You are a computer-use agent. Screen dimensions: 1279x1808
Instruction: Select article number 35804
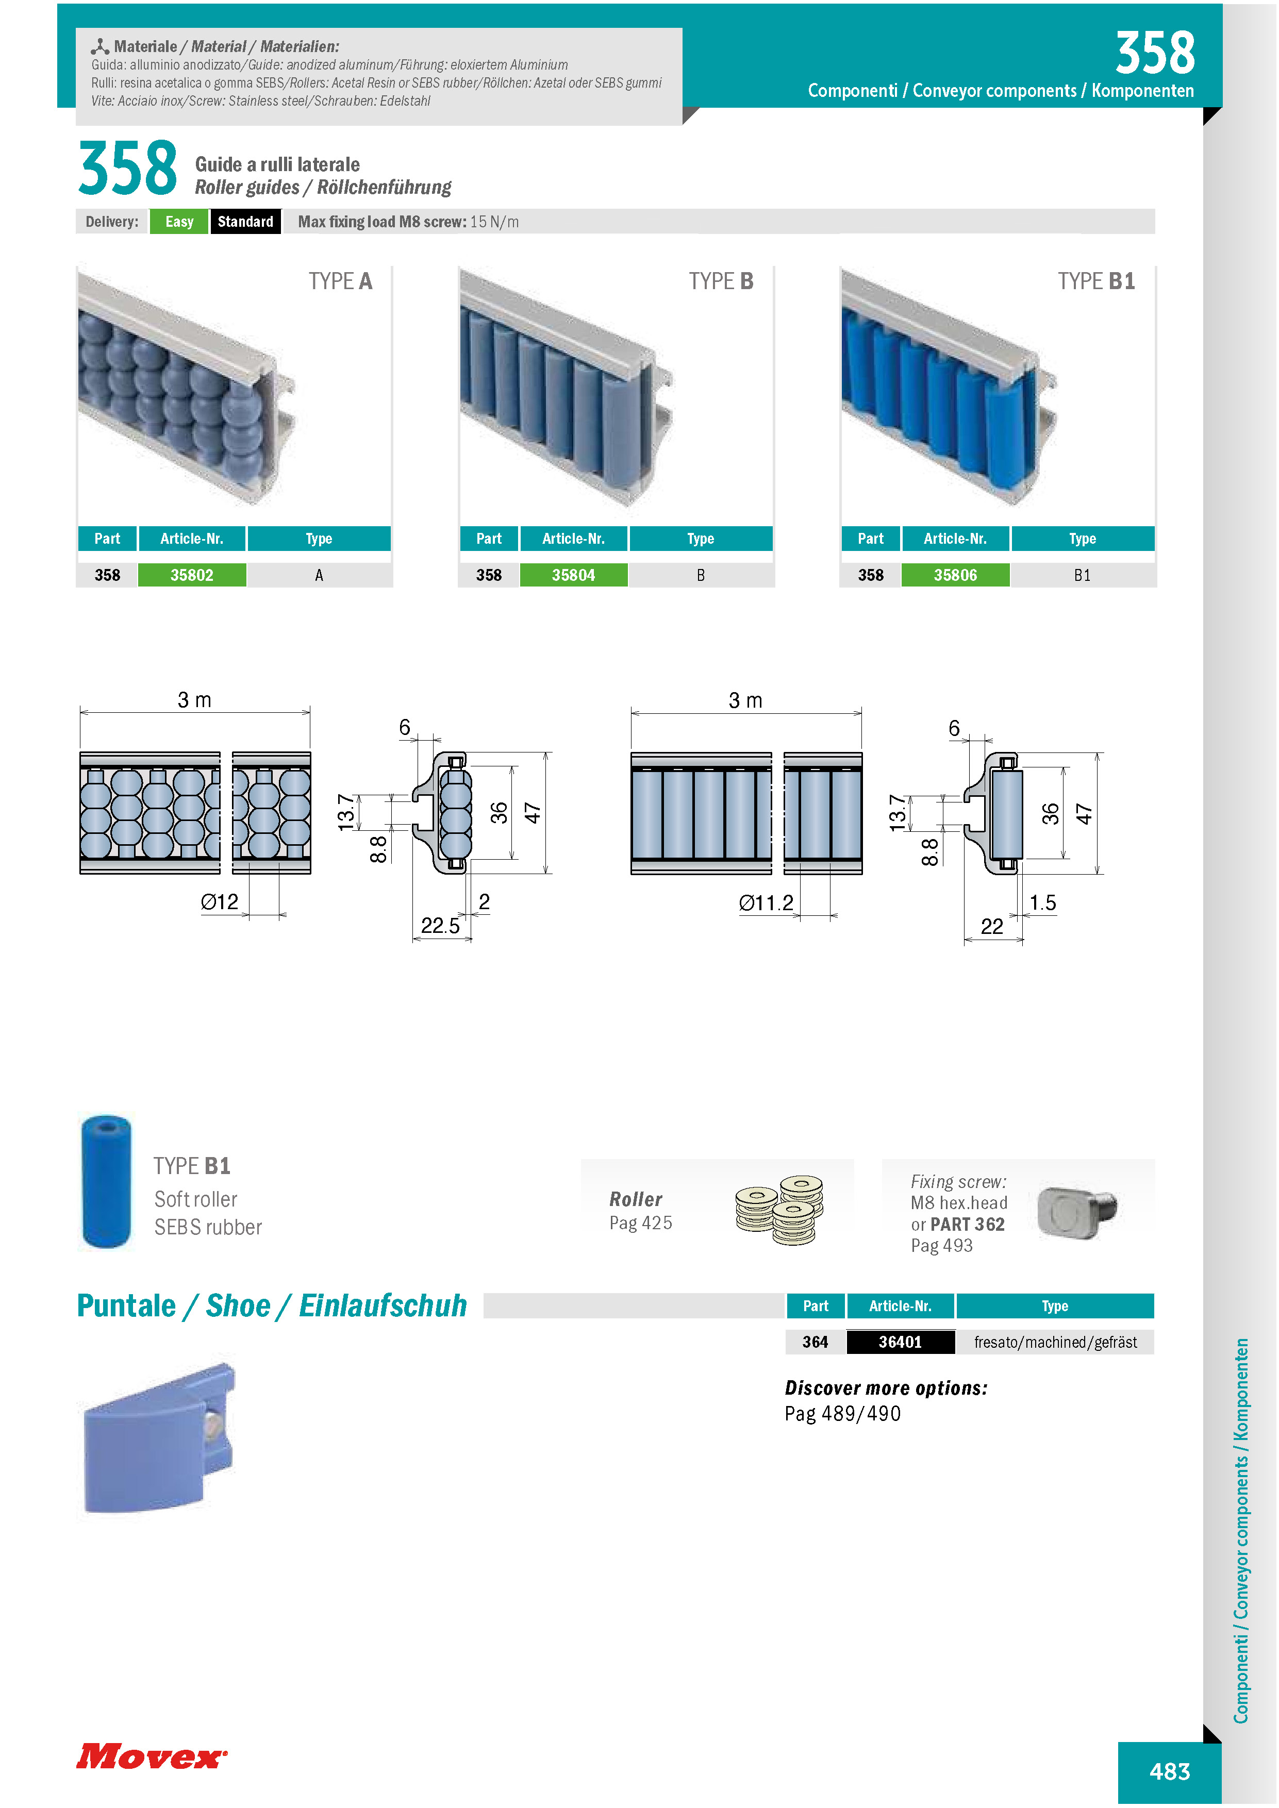pyautogui.click(x=573, y=575)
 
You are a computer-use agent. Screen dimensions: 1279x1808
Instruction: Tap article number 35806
pyautogui.click(x=955, y=575)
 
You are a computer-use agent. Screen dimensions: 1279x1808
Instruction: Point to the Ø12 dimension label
pyautogui.click(x=220, y=901)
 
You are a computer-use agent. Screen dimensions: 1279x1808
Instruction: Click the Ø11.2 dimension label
pyautogui.click(x=766, y=902)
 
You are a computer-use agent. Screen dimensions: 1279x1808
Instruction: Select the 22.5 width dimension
pyautogui.click(x=440, y=925)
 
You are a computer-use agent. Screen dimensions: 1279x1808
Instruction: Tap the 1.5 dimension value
pyautogui.click(x=1043, y=902)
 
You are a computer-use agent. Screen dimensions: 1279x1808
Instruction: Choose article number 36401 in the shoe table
pyautogui.click(x=900, y=1342)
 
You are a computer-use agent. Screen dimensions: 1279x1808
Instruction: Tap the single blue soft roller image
pyautogui.click(x=106, y=1181)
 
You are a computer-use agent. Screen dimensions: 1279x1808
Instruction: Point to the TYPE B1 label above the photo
pyautogui.click(x=1097, y=281)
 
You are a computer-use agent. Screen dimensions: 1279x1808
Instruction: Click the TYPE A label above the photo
pyautogui.click(x=340, y=281)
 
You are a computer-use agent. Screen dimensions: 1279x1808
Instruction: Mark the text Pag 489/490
pyautogui.click(x=843, y=1414)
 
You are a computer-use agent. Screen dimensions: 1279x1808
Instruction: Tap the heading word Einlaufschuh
pyautogui.click(x=383, y=1305)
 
